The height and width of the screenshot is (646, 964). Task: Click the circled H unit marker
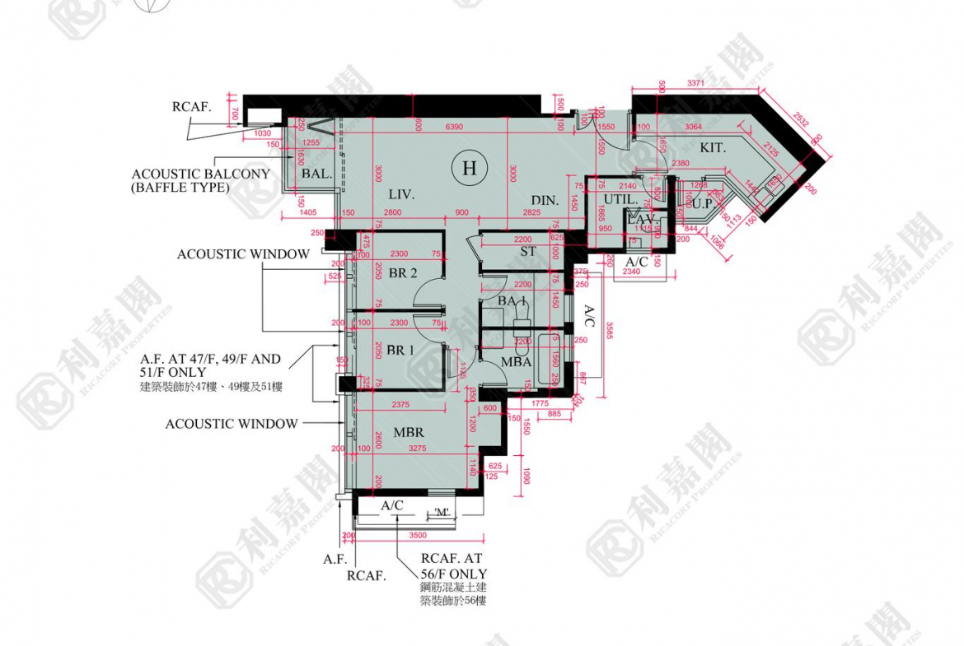click(x=470, y=169)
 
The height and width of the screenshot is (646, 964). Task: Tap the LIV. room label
click(x=401, y=195)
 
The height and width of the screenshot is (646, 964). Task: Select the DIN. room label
click(x=545, y=200)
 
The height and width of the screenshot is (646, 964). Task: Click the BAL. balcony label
click(x=316, y=174)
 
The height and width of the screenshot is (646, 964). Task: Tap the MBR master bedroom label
click(x=409, y=432)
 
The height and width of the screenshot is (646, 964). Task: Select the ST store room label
click(x=528, y=251)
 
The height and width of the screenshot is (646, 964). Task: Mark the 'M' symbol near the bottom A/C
click(x=442, y=513)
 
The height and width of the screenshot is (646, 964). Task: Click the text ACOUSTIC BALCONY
click(x=200, y=174)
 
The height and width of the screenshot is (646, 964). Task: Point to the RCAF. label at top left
click(x=192, y=106)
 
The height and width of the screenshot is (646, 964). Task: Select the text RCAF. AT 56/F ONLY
click(x=453, y=566)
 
